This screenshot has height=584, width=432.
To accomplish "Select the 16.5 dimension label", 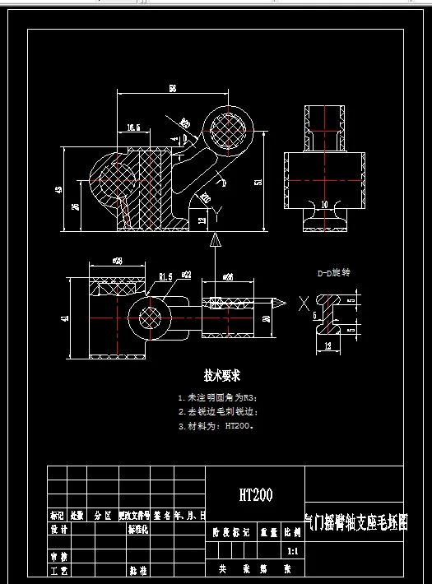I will [x=133, y=127].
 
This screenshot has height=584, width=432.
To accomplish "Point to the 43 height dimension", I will [x=58, y=189].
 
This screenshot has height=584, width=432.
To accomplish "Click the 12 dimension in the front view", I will [x=203, y=220].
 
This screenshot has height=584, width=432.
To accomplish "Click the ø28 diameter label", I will [x=117, y=261].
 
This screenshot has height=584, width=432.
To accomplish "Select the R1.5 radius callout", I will [x=165, y=277].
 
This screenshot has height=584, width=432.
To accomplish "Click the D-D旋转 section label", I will [x=334, y=272].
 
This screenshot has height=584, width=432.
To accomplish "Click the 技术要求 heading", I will [x=222, y=376].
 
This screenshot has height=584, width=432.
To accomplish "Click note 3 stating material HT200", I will [x=216, y=426].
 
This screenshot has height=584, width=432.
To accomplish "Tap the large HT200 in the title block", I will [x=255, y=494].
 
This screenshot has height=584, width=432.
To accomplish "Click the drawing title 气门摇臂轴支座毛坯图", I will [x=355, y=523].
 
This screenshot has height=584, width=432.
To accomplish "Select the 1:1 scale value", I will [x=293, y=552].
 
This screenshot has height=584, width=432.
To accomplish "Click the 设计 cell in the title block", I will [x=58, y=530].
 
